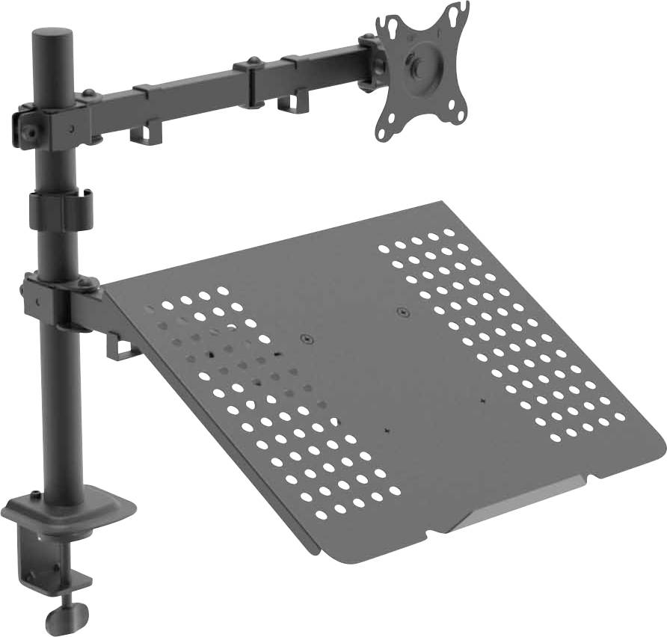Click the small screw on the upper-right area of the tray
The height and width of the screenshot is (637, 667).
point(403,312)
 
